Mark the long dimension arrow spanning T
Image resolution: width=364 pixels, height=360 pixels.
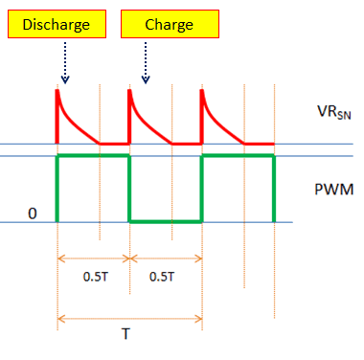pos(129,318)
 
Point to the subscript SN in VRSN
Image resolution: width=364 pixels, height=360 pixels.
pos(342,116)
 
